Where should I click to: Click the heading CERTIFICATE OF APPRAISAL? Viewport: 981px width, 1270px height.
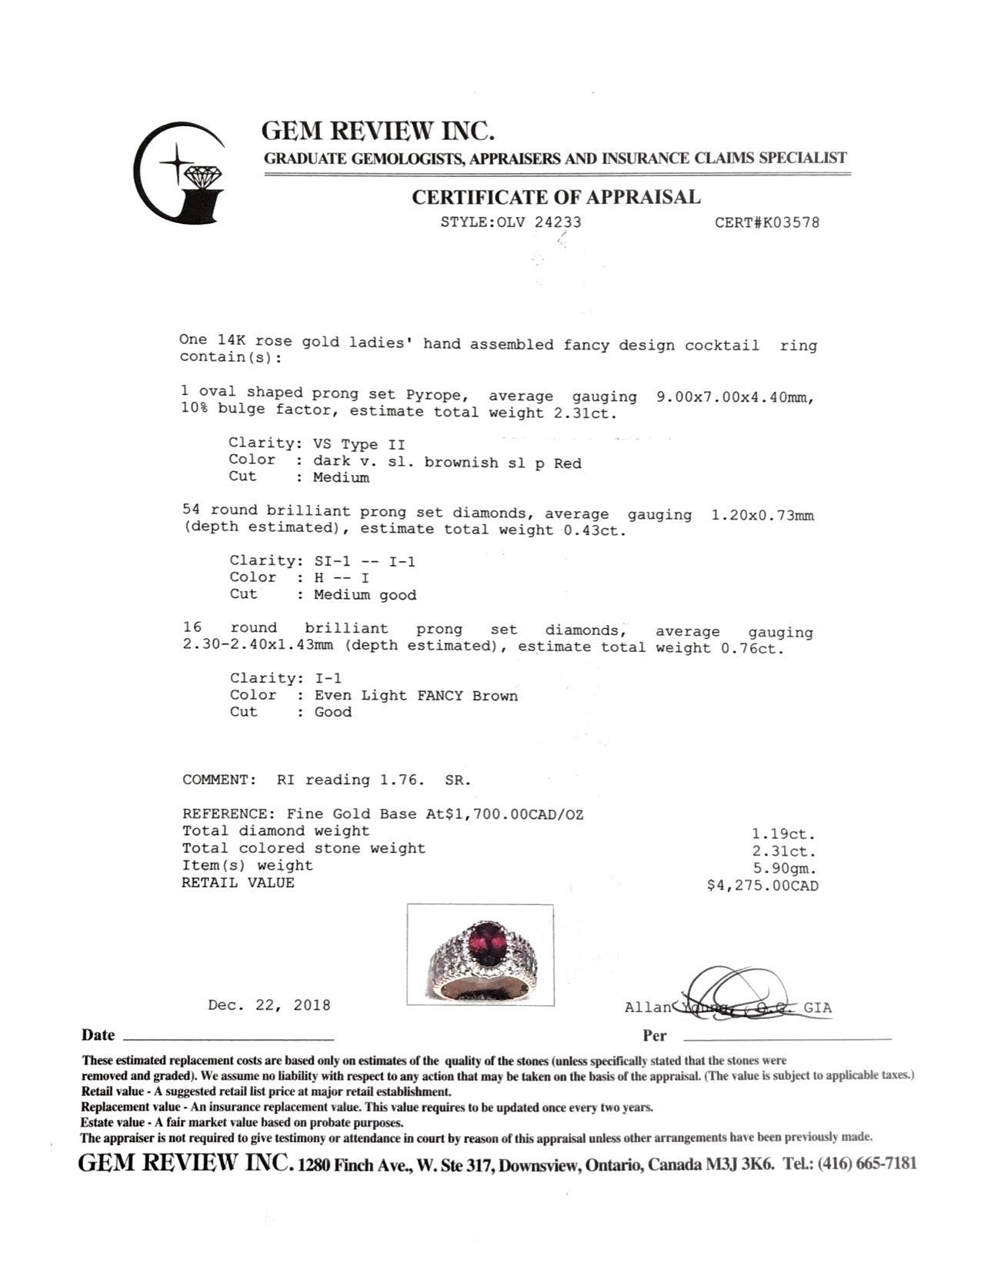point(556,197)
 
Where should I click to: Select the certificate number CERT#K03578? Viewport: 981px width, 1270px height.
point(766,223)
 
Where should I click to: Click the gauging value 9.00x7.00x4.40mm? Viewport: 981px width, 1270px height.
point(735,397)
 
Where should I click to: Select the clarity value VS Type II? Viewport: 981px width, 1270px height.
point(359,444)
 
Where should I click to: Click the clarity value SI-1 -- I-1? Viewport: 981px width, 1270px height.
point(365,561)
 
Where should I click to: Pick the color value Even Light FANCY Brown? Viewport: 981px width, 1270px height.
point(415,696)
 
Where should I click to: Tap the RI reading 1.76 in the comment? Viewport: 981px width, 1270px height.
point(400,780)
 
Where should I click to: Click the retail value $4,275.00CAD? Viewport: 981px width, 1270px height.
point(762,886)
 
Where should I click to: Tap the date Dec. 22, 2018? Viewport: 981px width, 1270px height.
point(269,1005)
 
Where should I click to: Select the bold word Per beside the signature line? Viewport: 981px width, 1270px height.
point(655,1036)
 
